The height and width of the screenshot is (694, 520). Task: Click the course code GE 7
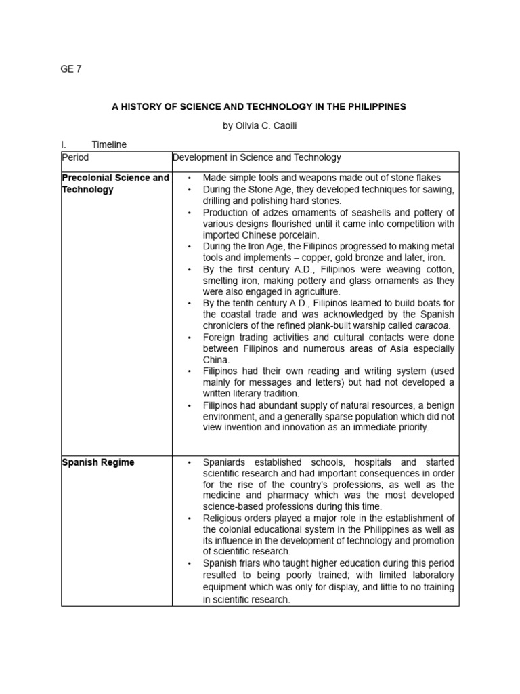pos(71,68)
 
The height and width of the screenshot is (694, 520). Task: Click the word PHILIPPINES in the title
pos(374,106)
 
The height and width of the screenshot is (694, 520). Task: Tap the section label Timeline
pos(109,144)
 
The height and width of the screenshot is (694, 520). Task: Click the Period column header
pos(75,157)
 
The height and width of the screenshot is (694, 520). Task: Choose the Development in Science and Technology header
pos(257,157)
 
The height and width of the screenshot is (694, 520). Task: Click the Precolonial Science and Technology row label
pos(115,184)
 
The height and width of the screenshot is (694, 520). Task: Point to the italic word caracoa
pos(432,326)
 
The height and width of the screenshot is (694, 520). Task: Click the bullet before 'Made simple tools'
pos(189,178)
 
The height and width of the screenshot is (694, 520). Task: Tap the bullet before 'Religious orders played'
pos(189,518)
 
